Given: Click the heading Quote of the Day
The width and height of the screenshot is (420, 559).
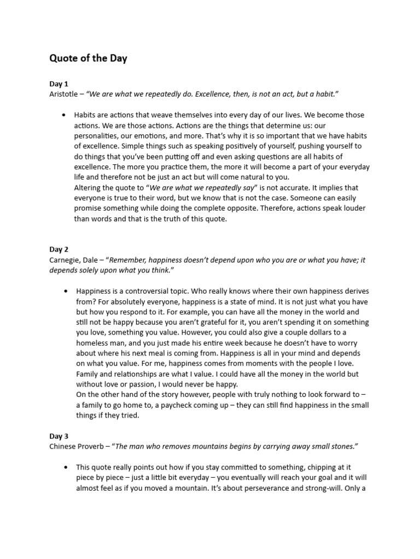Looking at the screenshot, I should point(88,58).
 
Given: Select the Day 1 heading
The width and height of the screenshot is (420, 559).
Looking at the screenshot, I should point(59,84).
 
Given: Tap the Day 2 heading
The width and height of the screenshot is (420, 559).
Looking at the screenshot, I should point(59,249).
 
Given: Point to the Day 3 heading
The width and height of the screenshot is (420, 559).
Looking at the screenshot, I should point(59,436).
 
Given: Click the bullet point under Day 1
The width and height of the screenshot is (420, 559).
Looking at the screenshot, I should point(64,115).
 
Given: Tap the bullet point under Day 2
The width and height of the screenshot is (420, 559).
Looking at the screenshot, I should point(64,291).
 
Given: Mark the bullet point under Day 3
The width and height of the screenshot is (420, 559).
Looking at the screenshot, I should point(64,467).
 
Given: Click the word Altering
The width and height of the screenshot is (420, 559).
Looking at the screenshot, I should point(87,188).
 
